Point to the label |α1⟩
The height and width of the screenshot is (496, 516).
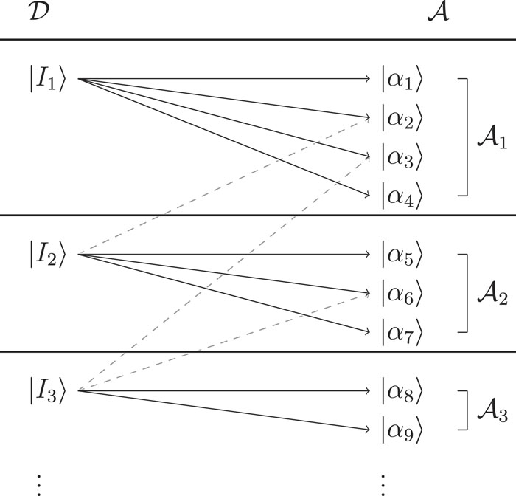[402, 79]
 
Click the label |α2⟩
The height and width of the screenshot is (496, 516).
[402, 117]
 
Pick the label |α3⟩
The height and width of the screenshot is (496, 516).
[402, 156]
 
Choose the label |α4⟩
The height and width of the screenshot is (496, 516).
[402, 196]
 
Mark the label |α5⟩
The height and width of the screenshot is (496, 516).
[402, 255]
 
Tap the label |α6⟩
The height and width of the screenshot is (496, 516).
[402, 294]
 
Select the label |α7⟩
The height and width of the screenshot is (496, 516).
[402, 333]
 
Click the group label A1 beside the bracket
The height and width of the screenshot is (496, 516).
[489, 138]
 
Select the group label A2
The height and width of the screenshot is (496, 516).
[489, 294]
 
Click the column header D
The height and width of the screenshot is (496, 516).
[38, 14]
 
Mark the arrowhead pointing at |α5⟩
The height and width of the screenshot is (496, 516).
[370, 255]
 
